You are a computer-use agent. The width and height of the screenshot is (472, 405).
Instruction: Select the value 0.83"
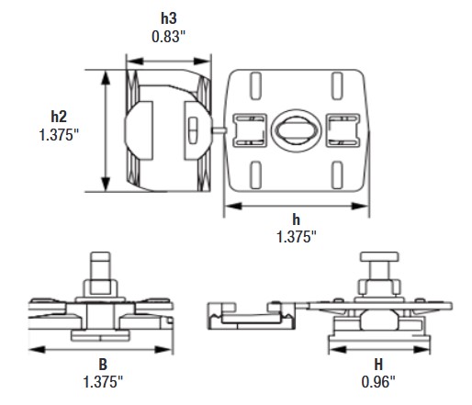click(168, 38)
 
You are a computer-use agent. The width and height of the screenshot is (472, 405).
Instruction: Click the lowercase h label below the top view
click(296, 219)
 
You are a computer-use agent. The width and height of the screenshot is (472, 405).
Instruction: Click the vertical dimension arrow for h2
click(107, 129)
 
